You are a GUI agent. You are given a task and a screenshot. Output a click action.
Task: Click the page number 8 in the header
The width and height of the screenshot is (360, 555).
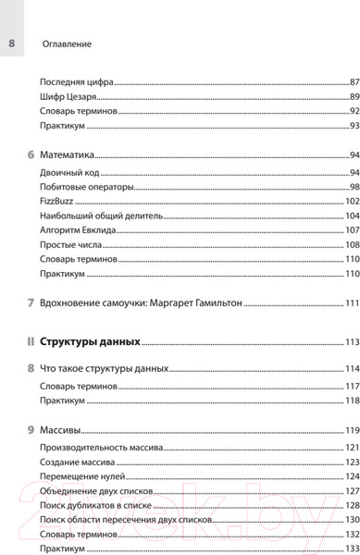coord(12,43)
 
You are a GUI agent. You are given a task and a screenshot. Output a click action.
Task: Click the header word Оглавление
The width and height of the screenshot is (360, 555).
coord(68,43)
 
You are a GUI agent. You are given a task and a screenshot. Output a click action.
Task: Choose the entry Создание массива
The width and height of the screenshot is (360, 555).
coord(77,462)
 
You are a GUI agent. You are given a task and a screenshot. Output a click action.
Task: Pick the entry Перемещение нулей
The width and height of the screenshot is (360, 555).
coord(81,476)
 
